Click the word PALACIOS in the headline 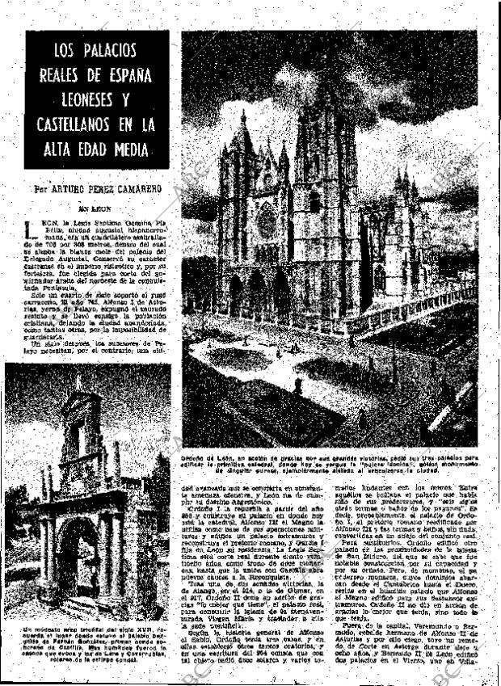tap(108, 51)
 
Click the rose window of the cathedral tap(267, 220)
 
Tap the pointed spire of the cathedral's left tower tap(243, 129)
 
